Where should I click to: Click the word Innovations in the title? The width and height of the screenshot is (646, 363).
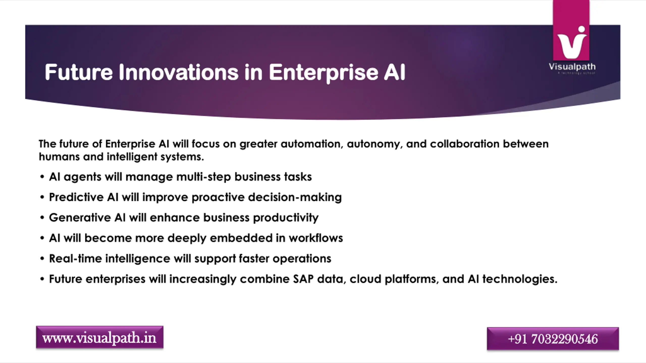178,72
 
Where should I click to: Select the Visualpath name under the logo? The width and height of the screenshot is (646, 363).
572,67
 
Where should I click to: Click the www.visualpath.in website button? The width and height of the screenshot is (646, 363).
100,337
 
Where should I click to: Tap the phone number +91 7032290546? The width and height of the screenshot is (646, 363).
553,339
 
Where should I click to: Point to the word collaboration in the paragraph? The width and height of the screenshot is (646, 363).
465,144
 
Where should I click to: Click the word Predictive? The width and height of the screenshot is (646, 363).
76,197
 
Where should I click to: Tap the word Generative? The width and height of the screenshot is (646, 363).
80,218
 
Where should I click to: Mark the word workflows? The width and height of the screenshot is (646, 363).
316,238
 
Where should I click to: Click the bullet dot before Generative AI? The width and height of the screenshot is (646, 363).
42,218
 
